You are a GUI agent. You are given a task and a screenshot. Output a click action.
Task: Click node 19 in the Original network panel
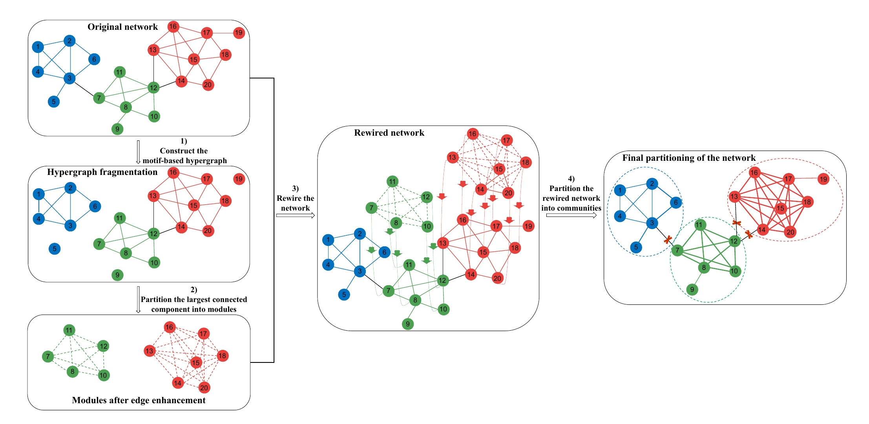239,33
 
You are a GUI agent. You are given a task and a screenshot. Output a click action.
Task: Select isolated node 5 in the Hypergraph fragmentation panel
55,249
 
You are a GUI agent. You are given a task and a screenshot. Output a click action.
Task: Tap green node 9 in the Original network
117,129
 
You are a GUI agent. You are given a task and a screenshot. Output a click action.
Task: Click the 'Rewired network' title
389,133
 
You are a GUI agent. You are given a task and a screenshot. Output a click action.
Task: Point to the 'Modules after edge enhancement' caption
139,400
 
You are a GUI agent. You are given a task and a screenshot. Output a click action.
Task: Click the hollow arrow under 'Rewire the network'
295,215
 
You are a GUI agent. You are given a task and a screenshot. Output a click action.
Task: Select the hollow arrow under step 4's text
571,215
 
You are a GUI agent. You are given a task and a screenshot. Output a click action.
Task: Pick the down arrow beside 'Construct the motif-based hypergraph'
138,152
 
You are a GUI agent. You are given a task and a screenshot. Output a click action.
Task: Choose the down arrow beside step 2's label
138,300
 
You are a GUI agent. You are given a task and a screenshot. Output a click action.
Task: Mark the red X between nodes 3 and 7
668,240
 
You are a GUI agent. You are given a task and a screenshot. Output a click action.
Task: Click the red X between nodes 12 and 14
749,235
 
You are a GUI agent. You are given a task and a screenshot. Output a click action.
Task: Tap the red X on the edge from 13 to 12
737,223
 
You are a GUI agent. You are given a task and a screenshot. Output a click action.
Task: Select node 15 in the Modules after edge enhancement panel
195,363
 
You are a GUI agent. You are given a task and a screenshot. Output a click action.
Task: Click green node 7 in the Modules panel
48,357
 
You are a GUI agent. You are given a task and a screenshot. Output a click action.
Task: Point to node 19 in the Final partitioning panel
823,179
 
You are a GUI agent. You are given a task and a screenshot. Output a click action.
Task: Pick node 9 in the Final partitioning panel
692,290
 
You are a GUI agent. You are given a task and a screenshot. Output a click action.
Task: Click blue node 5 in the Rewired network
344,295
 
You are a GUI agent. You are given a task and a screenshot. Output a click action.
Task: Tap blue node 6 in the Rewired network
384,253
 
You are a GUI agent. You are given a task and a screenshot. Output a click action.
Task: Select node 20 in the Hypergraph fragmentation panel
208,231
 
